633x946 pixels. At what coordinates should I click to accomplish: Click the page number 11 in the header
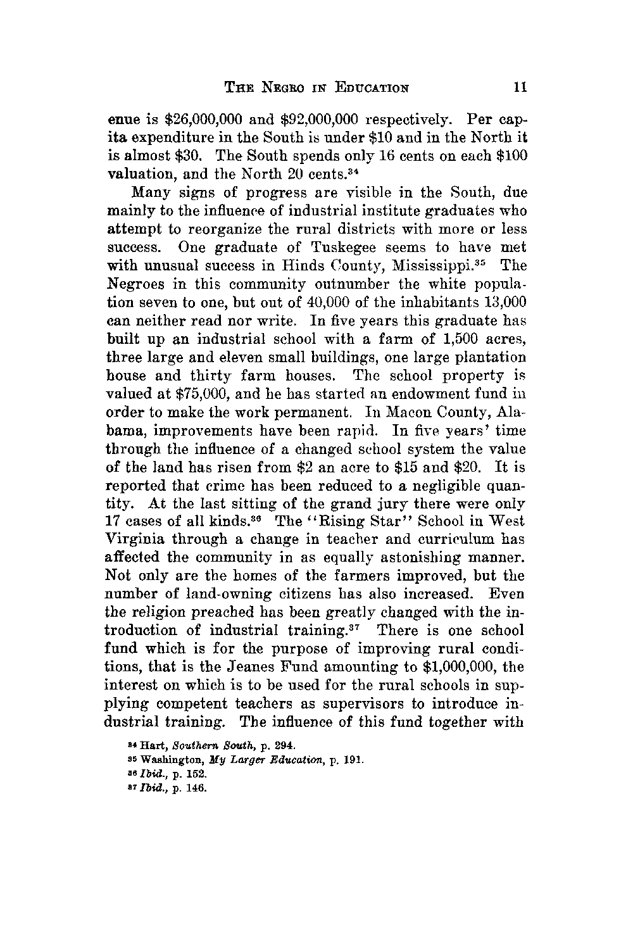point(522,87)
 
